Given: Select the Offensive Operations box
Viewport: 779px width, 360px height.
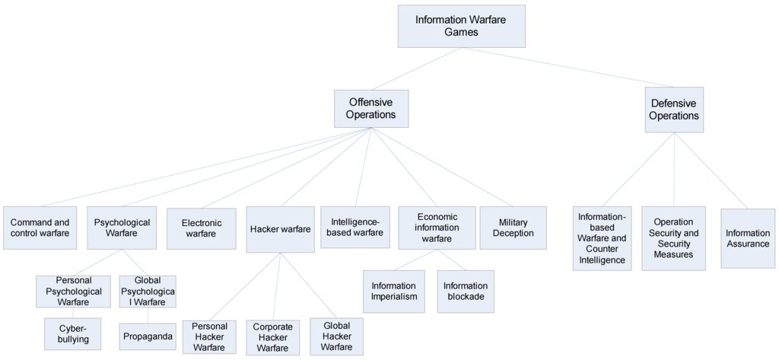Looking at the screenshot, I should coord(370,108).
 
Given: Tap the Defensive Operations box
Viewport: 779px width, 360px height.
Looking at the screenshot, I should coord(674,110).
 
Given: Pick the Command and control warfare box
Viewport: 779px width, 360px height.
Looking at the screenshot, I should coord(40,228).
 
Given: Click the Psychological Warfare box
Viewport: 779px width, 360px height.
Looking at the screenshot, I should coord(122,228).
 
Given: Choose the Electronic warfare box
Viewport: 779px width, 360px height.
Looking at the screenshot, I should coord(202,228).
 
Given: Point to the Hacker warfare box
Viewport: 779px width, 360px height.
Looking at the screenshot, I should coord(280,228).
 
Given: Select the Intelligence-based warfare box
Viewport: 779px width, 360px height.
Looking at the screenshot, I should coord(355,228).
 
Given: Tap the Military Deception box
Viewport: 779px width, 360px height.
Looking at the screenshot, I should coord(513,228).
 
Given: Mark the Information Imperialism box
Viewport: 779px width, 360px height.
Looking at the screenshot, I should coord(394,291).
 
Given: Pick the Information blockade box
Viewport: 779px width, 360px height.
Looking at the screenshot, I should coord(466,291).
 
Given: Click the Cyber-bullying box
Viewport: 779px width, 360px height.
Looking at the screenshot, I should coord(73,333).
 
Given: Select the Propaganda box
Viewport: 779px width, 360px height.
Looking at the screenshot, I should coord(148,336).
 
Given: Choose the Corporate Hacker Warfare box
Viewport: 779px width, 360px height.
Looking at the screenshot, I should coord(272,337).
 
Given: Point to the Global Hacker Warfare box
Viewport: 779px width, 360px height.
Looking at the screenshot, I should coord(336,336).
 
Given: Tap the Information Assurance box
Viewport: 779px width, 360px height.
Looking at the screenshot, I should coord(747,238).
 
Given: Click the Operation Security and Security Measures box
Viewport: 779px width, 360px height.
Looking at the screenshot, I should coord(673,238).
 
